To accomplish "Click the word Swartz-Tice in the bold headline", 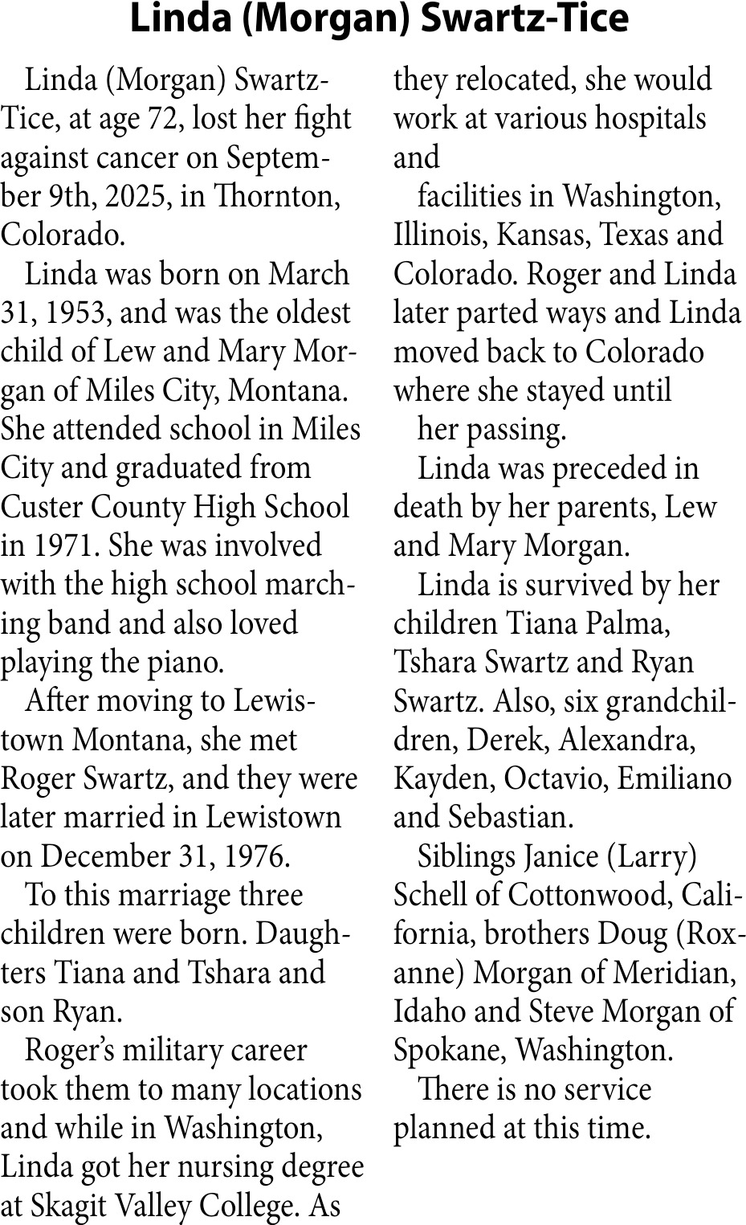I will [x=524, y=19].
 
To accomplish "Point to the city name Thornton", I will [x=276, y=197].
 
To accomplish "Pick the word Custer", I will [x=43, y=507].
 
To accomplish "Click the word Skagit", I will [x=64, y=1206].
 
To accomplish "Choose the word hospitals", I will [x=651, y=119].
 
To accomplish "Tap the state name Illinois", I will [x=440, y=235].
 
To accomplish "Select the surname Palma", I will [x=630, y=624].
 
